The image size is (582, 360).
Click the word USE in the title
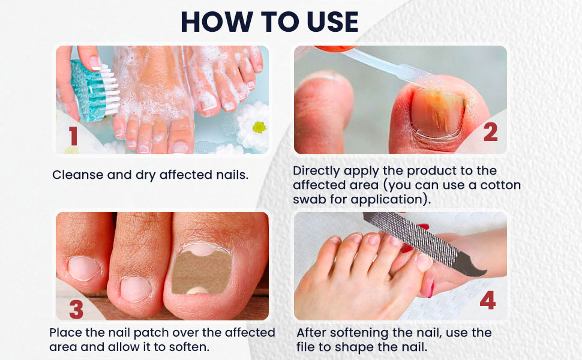point(328,22)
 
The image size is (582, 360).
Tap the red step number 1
point(73,136)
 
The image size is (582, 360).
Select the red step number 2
point(490,132)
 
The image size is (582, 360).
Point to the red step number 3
point(76,309)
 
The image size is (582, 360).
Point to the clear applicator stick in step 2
point(384,64)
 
